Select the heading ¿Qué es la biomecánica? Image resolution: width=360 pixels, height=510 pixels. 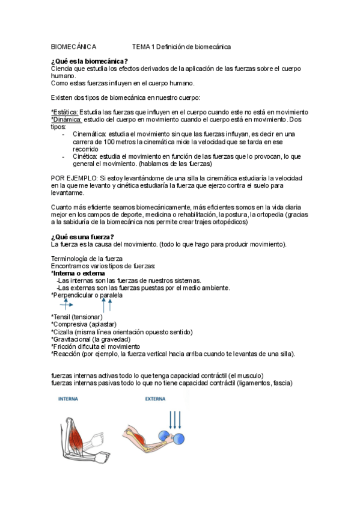[90, 61]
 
